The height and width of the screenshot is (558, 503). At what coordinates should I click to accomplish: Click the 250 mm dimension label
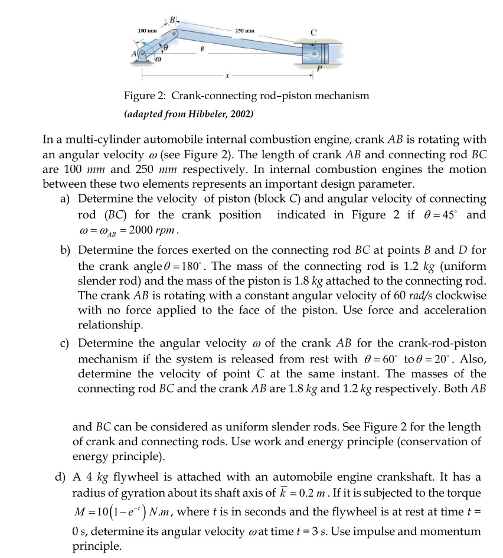pyautogui.click(x=243, y=30)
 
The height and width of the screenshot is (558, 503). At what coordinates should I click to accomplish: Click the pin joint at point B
pyautogui.click(x=175, y=32)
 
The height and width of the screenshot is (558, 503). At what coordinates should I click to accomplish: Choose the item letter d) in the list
pyautogui.click(x=64, y=476)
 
